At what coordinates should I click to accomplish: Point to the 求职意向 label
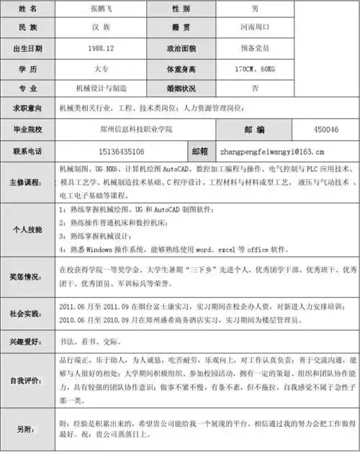[x=27, y=108]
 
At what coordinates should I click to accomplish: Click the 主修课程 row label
[x=27, y=183]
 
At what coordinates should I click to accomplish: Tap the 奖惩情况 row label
[x=27, y=276]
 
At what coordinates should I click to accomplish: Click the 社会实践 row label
[x=27, y=314]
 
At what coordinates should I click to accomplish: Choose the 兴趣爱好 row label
[x=27, y=341]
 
